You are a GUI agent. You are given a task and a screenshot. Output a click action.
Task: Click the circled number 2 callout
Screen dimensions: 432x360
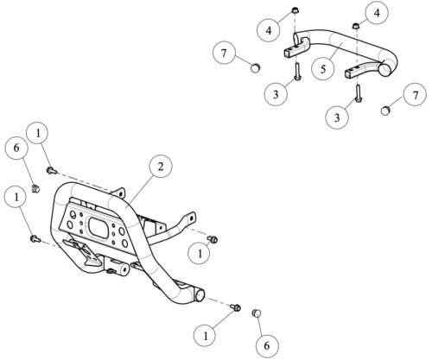161,167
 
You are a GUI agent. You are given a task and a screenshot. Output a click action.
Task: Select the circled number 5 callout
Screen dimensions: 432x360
323,69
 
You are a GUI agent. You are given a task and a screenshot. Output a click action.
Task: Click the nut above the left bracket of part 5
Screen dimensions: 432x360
295,10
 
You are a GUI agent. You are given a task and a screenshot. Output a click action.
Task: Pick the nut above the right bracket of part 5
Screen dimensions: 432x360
356,26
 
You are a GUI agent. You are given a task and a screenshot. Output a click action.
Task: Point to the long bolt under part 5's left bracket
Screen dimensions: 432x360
297,71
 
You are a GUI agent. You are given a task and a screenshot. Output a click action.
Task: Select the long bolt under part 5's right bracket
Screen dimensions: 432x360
359,92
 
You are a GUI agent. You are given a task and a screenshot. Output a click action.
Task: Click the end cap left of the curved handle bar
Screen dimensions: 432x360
256,68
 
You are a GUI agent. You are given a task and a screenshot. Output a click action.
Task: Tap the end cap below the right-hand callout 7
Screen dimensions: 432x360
385,110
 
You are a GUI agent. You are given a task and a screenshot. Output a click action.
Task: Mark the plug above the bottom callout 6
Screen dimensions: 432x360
256,313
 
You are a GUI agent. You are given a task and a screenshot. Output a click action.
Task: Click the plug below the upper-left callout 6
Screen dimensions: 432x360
35,189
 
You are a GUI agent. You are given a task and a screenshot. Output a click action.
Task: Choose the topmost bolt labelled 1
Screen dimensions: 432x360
52,171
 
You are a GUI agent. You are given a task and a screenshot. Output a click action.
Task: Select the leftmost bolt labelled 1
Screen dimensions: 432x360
35,238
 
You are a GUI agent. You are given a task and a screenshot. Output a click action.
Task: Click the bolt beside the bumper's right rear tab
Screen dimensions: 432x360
213,239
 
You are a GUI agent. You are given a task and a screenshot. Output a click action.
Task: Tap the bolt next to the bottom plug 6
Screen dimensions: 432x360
236,307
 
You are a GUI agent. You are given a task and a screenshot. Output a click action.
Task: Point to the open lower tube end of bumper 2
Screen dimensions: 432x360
200,295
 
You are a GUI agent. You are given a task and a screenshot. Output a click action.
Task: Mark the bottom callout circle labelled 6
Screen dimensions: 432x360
267,345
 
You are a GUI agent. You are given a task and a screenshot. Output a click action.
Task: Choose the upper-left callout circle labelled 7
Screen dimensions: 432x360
224,54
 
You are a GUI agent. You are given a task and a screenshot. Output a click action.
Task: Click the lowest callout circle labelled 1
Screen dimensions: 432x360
206,336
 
